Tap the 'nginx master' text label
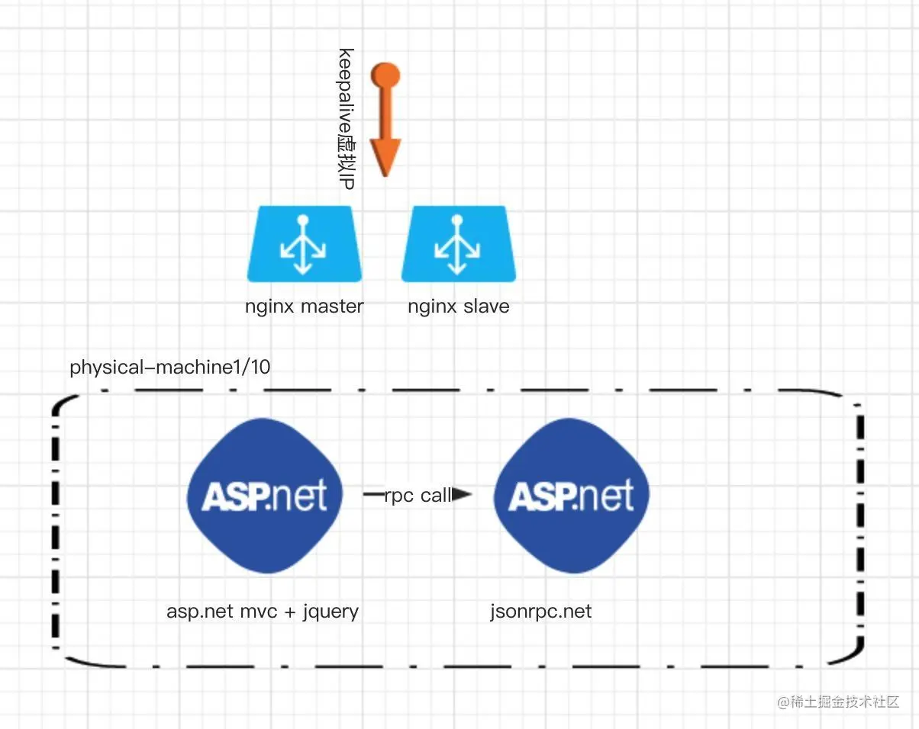(304, 307)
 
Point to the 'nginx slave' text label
(458, 307)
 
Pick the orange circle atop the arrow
(385, 75)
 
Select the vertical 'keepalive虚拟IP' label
(346, 119)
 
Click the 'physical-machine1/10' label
(169, 368)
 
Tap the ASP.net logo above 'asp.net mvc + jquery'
(264, 496)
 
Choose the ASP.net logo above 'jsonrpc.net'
(571, 496)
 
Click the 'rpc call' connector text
(418, 496)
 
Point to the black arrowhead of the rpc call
(463, 495)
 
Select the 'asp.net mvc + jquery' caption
(263, 611)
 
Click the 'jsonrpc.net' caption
(540, 611)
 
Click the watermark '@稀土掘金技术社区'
(839, 702)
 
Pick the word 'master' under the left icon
(332, 307)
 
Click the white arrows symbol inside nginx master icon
(303, 246)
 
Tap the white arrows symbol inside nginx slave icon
(456, 246)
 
